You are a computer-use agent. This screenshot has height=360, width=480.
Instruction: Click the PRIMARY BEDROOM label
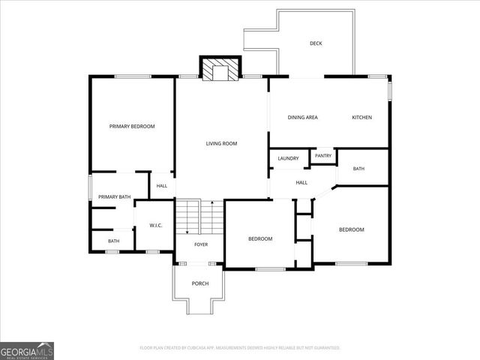coord(132,127)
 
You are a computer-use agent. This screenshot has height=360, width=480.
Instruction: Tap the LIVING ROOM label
coord(222,143)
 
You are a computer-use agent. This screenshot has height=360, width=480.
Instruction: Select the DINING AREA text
coord(303,118)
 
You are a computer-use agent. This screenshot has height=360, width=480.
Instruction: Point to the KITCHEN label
coord(362,118)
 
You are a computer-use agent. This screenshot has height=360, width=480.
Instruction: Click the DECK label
coord(316,43)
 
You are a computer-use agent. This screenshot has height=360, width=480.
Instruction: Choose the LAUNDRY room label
coord(288,158)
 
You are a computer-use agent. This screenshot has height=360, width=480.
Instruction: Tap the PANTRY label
coord(323,156)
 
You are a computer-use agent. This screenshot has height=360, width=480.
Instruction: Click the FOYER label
coord(201,244)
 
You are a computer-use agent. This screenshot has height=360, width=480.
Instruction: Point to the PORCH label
coord(200,283)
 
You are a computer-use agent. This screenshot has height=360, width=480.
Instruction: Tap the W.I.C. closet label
coord(156,226)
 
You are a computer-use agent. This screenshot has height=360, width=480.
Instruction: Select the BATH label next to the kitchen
coord(358,169)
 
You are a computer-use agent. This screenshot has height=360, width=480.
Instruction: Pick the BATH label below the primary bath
coord(113,241)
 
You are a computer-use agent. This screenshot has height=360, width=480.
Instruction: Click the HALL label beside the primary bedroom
coord(162,186)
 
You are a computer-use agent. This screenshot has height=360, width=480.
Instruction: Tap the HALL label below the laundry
coord(301,182)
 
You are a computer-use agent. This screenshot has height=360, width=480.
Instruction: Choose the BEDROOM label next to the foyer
coord(260,238)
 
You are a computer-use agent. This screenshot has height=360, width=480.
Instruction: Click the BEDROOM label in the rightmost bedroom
coord(351,229)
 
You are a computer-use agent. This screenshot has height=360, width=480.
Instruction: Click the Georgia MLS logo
coord(27,350)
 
